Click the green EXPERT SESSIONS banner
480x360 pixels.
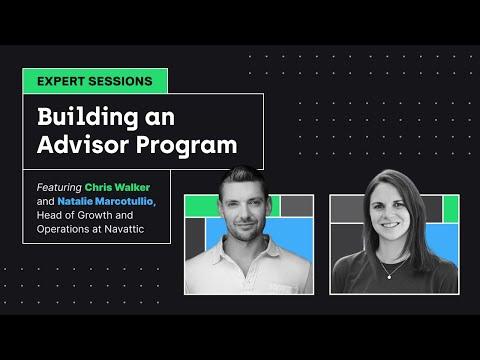point(95,81)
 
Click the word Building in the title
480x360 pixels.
point(88,118)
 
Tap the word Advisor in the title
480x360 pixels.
point(83,145)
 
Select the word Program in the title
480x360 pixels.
point(187,147)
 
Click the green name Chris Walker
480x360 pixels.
point(117,187)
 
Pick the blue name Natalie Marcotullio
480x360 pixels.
point(106,201)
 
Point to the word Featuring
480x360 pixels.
point(59,188)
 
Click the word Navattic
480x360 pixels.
point(124,229)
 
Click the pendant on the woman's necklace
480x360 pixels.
point(389,276)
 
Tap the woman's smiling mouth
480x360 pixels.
point(390,225)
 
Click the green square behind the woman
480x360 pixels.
point(451,209)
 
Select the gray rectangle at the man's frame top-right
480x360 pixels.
point(297,206)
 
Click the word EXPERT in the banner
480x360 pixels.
point(61,81)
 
